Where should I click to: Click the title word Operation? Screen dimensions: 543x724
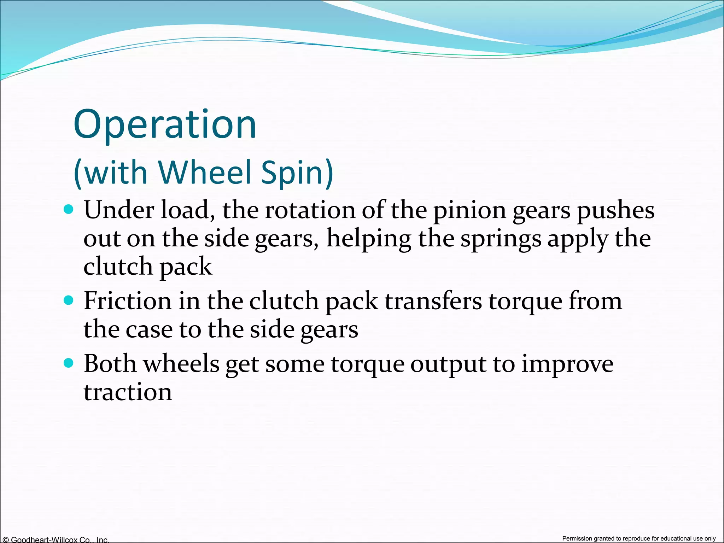pyautogui.click(x=165, y=124)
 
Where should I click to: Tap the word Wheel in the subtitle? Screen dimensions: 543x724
pyautogui.click(x=205, y=172)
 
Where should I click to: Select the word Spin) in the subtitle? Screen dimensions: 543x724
pyautogui.click(x=297, y=172)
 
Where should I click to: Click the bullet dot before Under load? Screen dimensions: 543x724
pyautogui.click(x=69, y=209)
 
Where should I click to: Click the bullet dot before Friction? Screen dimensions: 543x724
pyautogui.click(x=69, y=300)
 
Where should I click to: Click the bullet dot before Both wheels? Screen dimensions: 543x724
pyautogui.click(x=69, y=363)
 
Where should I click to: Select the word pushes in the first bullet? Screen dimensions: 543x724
pyautogui.click(x=615, y=211)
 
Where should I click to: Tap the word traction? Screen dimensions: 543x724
pyautogui.click(x=128, y=392)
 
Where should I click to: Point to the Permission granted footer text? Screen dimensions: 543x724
pyautogui.click(x=639, y=538)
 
